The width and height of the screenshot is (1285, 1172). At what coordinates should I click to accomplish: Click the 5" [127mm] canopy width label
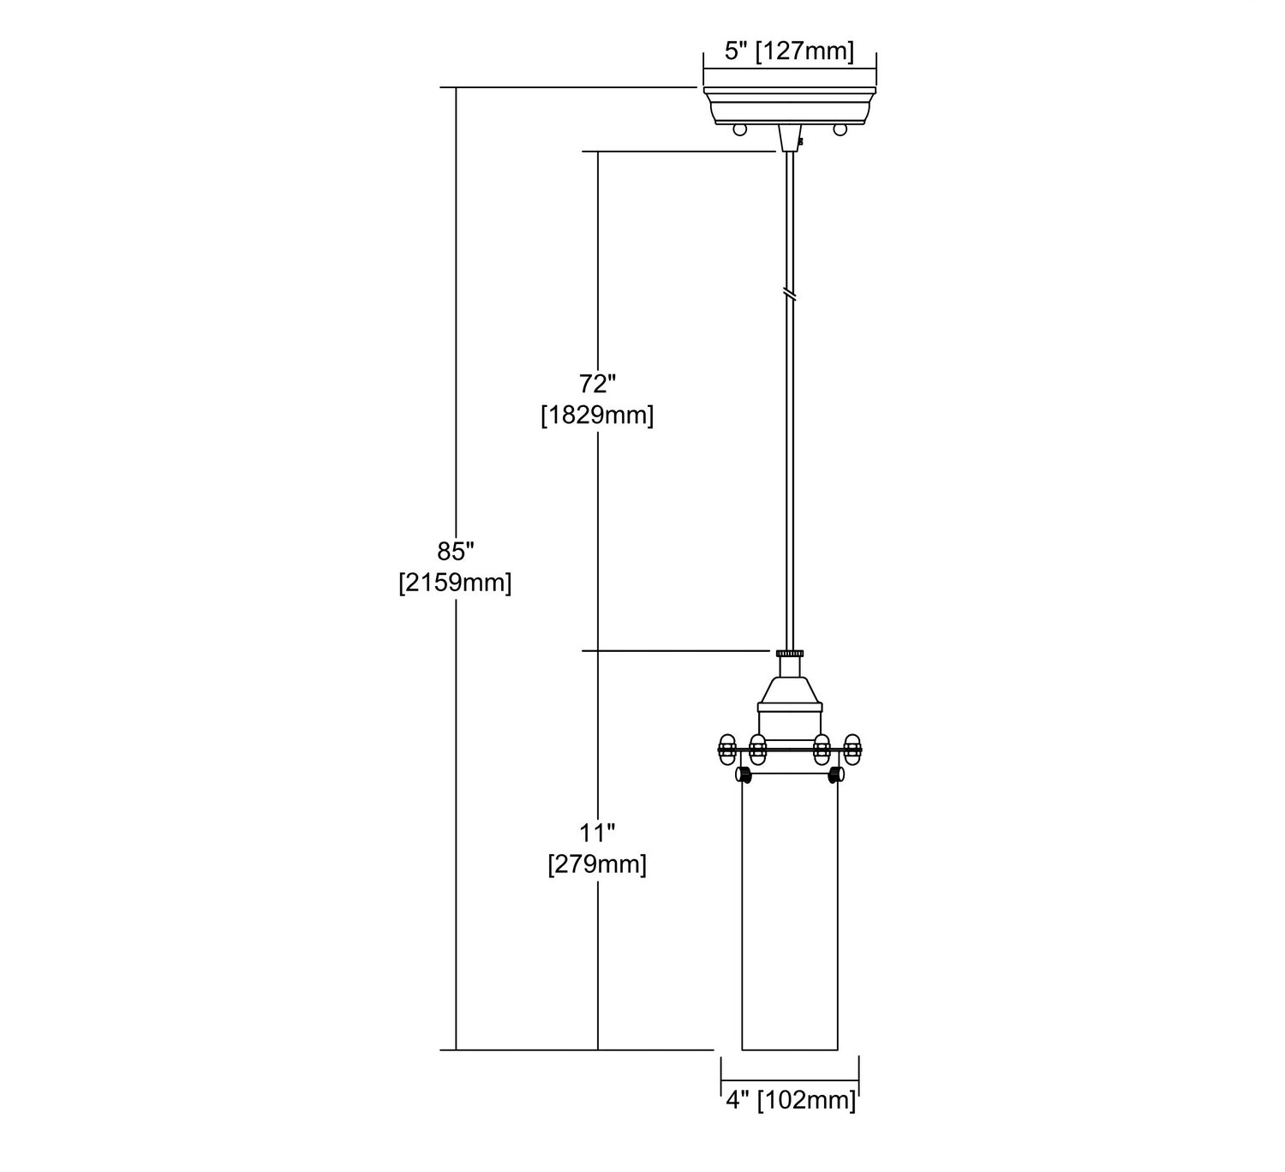pos(789,51)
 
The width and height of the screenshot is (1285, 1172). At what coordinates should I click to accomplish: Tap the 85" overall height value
pos(455,550)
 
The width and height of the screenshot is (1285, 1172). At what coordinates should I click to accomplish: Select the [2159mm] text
pos(455,583)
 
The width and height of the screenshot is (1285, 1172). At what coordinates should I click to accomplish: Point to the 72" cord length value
pos(597,382)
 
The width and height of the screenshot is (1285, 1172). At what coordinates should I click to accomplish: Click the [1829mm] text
pos(597,416)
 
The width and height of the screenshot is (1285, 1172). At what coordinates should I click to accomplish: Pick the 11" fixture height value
pos(597,831)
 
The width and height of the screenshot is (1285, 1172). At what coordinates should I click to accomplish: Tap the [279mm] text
pos(597,864)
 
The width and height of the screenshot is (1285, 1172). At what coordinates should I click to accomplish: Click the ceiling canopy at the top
pos(789,104)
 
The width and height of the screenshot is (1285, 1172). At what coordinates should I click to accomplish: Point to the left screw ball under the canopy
pos(740,129)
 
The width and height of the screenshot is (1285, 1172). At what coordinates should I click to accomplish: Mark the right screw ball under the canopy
pos(840,129)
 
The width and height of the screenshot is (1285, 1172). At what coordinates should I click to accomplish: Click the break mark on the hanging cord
pos(790,293)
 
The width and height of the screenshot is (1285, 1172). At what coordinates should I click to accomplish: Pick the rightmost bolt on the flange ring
pos(852,749)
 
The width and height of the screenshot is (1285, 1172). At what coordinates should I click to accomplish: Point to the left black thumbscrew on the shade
pos(744,776)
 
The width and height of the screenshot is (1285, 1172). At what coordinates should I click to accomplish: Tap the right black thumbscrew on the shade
pos(835,776)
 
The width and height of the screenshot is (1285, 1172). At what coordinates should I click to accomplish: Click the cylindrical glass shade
pos(790,917)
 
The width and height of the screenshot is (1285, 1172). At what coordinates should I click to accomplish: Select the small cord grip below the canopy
pos(790,141)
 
